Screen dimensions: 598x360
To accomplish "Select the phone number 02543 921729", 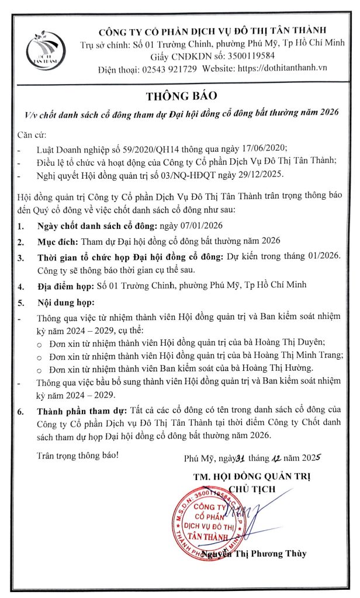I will (167, 68).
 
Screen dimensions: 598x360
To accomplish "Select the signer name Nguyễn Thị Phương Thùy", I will (263, 554).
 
